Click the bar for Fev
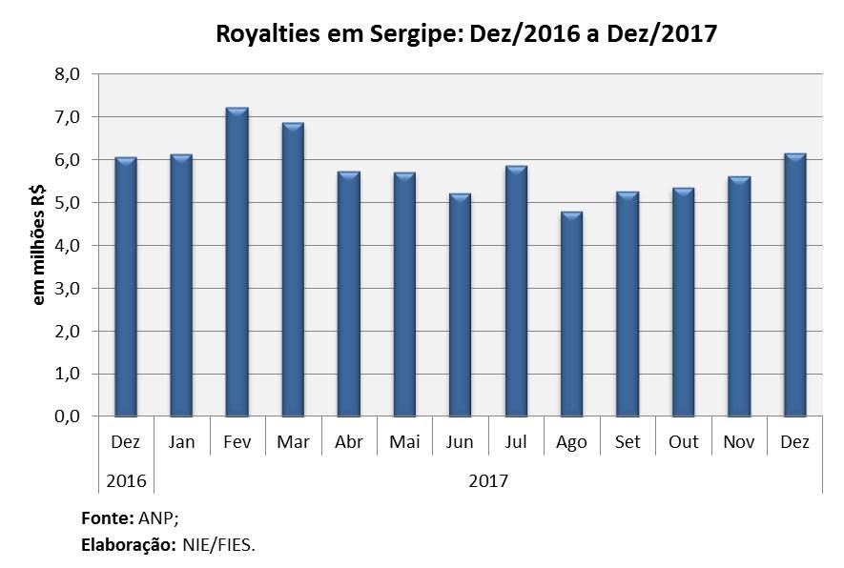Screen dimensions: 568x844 (237, 262)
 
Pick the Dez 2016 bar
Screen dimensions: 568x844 (126, 287)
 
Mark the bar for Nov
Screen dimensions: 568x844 (739, 296)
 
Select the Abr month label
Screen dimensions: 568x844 (348, 443)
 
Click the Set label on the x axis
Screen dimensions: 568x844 (627, 443)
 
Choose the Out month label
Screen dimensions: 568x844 (683, 443)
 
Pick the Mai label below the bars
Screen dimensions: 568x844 (403, 443)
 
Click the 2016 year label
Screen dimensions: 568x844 (126, 480)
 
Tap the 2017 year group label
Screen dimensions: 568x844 (488, 480)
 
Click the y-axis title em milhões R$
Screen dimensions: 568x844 (39, 246)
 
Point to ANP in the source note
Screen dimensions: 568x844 (154, 520)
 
